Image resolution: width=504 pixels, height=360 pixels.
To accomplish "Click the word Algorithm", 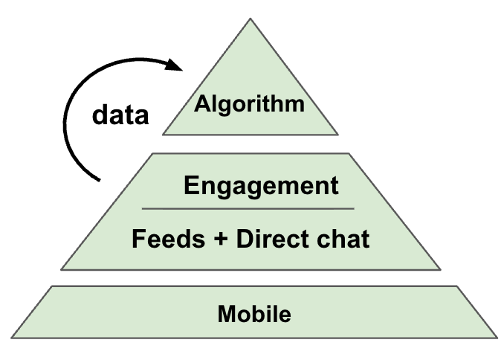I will point(250,104).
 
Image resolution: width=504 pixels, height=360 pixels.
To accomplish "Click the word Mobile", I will point(254,314).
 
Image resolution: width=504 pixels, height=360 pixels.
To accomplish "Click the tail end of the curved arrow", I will point(98,179).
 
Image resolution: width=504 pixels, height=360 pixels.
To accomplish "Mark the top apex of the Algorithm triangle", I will point(250,19).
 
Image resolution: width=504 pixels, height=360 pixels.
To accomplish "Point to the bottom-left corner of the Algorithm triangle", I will point(164,135).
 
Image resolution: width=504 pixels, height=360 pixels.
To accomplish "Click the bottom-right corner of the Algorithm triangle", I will point(337,135).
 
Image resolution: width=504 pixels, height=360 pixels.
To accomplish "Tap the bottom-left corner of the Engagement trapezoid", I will point(62,269).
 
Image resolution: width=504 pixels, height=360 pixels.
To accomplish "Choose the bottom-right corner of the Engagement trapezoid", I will point(440,269).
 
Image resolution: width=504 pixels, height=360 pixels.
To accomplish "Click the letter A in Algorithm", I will point(201,104).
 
